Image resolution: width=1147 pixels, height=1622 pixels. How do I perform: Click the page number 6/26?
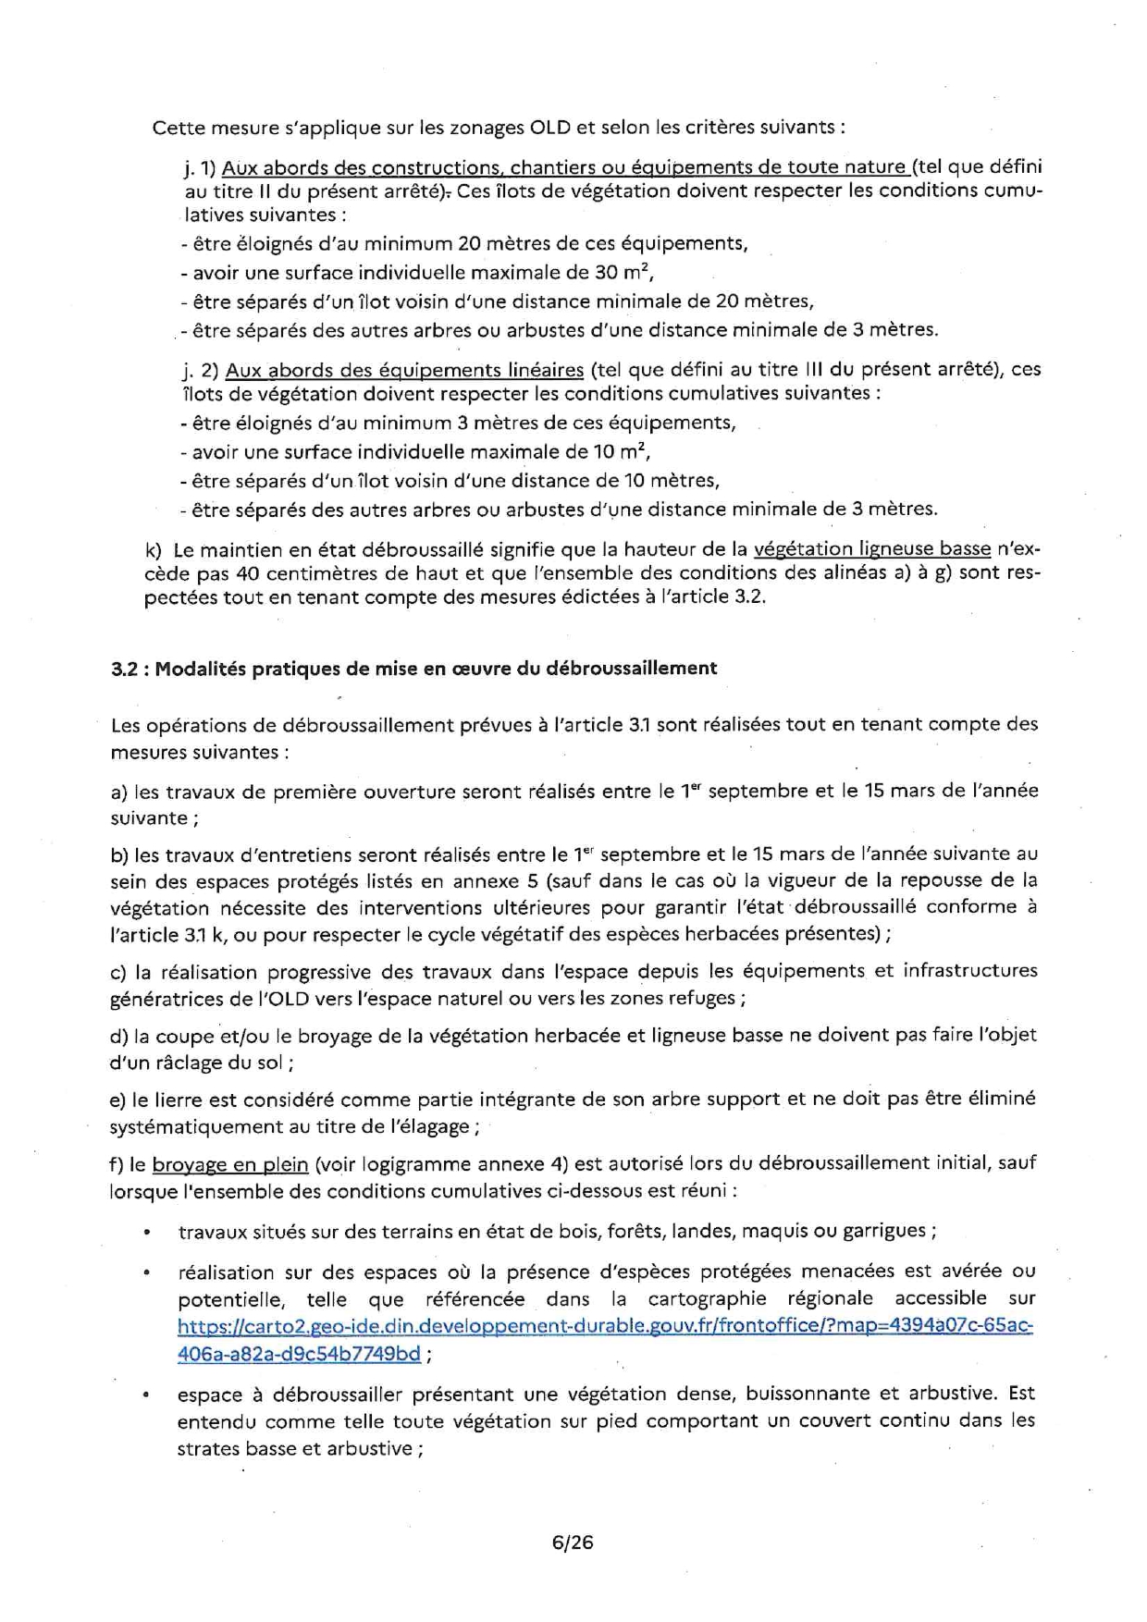(x=572, y=1542)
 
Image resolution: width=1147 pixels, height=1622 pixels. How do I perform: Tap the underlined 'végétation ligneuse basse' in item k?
(x=872, y=548)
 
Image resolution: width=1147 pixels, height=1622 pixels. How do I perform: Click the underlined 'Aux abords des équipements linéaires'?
(x=404, y=370)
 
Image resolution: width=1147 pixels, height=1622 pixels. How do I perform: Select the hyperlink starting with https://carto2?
(x=605, y=1325)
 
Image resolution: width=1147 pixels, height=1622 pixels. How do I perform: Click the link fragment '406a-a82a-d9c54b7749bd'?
(x=299, y=1354)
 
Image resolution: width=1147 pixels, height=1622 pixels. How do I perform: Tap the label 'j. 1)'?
(x=199, y=168)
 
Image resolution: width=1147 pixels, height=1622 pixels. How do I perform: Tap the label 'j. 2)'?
(x=200, y=370)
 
